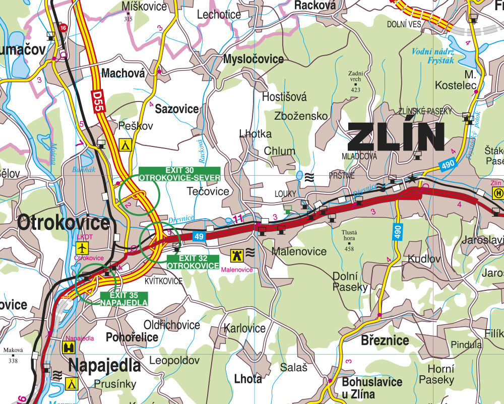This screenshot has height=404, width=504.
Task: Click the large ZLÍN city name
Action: [x=396, y=137]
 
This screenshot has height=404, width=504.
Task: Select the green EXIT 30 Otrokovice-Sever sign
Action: [x=179, y=174]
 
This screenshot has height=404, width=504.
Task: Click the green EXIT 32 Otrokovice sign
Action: [x=193, y=262]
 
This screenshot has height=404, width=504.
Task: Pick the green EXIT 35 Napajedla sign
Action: [x=124, y=299]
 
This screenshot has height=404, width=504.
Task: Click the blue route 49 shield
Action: [x=199, y=236]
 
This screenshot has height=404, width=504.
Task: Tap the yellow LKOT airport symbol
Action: [x=82, y=247]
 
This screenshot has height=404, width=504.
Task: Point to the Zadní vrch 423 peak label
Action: [x=355, y=81]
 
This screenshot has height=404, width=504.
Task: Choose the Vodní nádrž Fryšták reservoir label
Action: [x=433, y=56]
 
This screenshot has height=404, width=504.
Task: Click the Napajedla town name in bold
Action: [x=104, y=365]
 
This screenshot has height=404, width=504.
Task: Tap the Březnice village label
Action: [x=385, y=340]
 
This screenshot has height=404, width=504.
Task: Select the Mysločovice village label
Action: [x=254, y=59]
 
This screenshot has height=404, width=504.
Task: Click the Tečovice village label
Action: [x=208, y=191]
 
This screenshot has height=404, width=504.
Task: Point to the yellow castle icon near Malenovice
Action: [x=236, y=255]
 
